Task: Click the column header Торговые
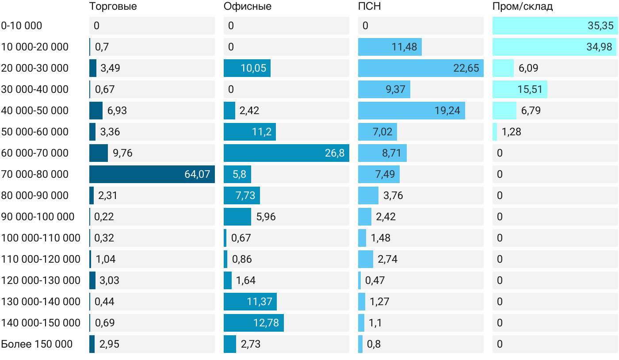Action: pos(113,6)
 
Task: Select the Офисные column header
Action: pos(247,6)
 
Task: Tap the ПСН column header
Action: pos(370,6)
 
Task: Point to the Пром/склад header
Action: pos(523,6)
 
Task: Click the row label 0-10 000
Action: pos(22,26)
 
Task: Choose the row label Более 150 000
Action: pos(37,344)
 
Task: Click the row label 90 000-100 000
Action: pos(38,217)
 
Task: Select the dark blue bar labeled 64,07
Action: pos(152,174)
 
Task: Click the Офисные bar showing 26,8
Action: pos(287,153)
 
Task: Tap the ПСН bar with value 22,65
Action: pos(421,68)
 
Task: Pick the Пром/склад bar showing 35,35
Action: pos(555,26)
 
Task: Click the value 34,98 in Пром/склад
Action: pos(599,47)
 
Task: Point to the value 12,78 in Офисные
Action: pos(266,323)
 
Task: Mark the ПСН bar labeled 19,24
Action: pos(412,111)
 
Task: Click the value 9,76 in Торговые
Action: pos(122,153)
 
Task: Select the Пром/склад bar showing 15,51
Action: pos(520,89)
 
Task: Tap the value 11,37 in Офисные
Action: pos(260,302)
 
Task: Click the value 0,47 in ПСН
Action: pos(375,280)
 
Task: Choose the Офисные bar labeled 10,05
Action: pos(247,68)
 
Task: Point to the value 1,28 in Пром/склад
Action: pos(511,132)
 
